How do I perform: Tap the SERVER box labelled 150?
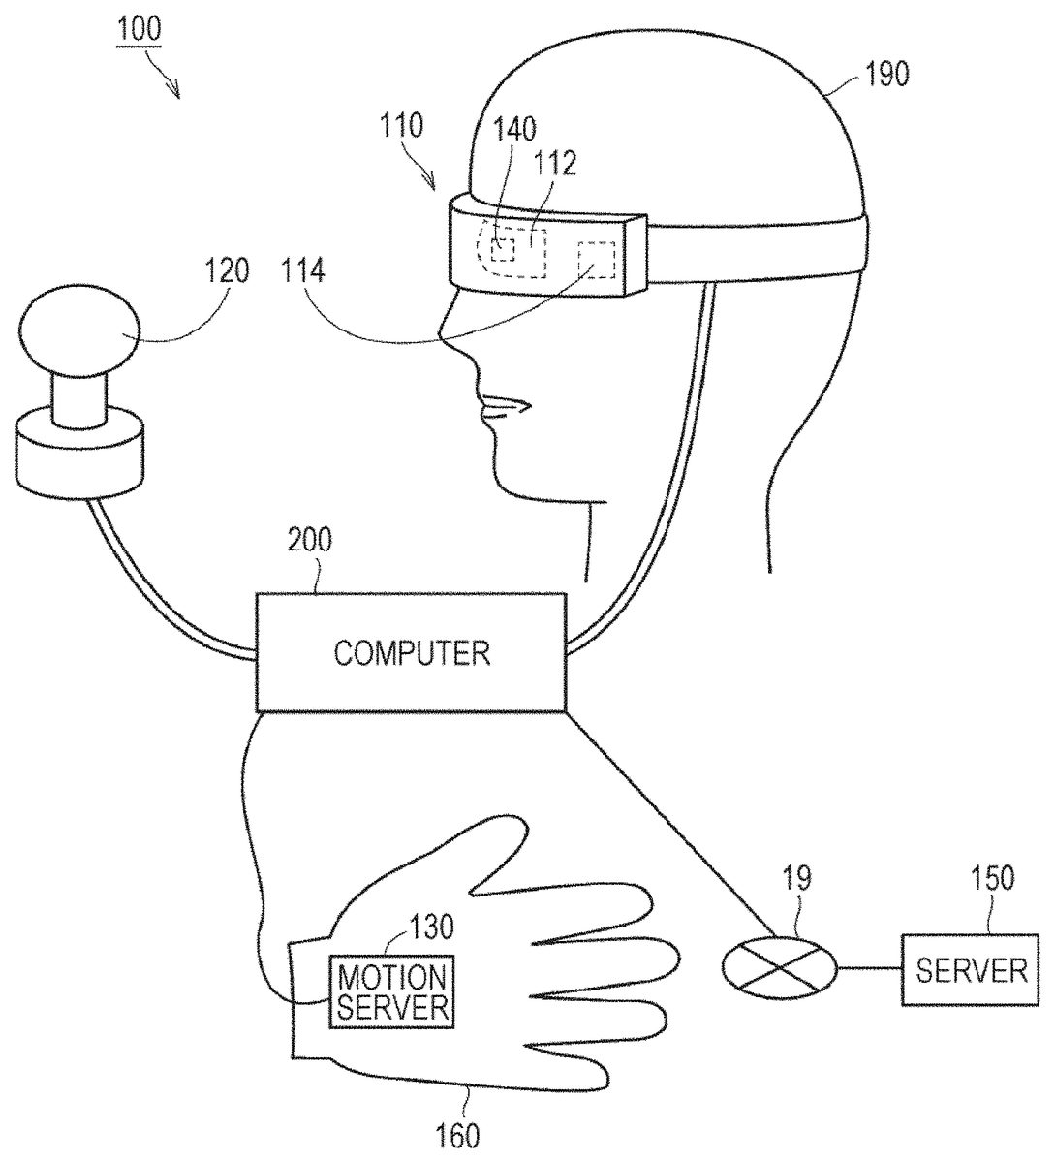970,969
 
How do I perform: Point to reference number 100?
140,28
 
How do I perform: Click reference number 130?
431,927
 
